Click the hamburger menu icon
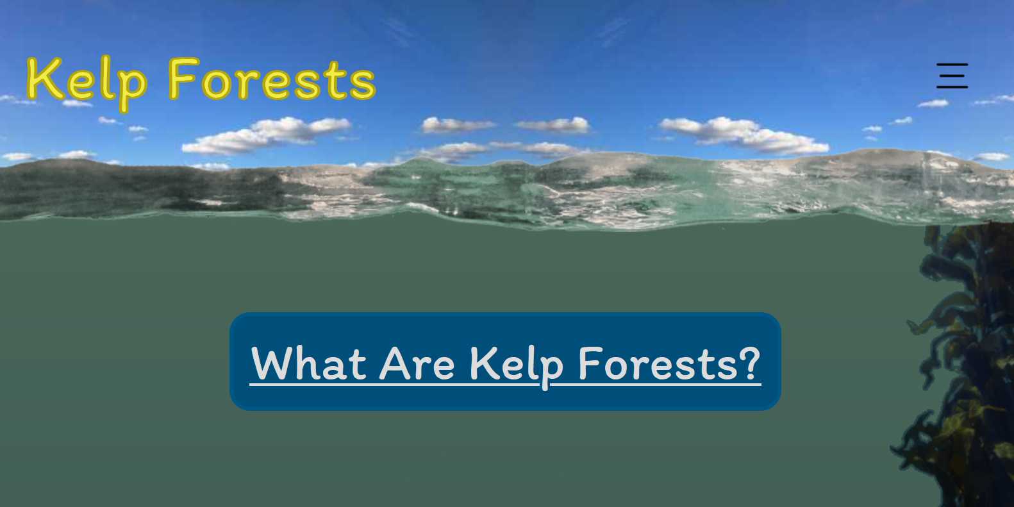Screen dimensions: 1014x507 (952, 76)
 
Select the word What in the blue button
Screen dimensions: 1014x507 (309, 363)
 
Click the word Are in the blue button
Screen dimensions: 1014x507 (417, 363)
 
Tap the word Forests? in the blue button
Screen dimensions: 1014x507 (670, 363)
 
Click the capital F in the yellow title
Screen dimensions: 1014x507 (183, 78)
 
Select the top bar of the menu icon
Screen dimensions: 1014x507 (952, 65)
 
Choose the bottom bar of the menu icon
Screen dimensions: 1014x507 (952, 87)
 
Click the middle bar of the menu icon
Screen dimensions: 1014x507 (952, 76)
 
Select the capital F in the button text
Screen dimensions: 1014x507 (591, 363)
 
